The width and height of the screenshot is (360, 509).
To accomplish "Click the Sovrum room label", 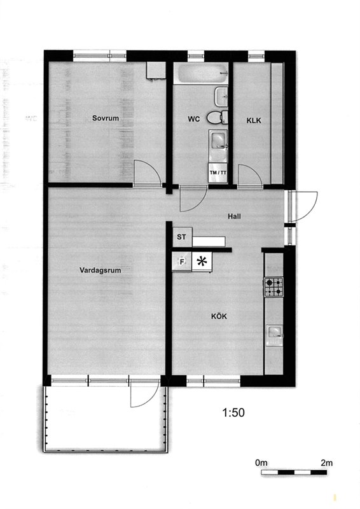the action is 105,118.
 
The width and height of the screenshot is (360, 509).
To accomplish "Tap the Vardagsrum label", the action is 100,270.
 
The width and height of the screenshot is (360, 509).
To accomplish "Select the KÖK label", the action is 219,316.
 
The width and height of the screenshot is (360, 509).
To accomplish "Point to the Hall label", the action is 234,216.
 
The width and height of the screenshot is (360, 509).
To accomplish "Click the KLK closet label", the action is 254,120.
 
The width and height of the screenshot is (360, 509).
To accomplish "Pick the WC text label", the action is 194,119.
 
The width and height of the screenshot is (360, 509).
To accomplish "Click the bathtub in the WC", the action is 200,73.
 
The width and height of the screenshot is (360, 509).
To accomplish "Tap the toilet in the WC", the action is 218,117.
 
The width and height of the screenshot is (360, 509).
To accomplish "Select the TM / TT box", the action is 218,172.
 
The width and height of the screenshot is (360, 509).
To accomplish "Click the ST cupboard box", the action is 182,237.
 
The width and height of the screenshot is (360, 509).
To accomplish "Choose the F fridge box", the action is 182,261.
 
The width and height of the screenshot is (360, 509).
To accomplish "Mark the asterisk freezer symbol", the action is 202,261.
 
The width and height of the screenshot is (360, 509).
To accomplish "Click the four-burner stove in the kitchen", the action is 273,287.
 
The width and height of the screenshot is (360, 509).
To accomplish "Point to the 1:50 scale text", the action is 233,412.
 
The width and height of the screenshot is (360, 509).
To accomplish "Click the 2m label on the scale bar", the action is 326,463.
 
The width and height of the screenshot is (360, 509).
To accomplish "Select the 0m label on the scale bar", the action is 261,463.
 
